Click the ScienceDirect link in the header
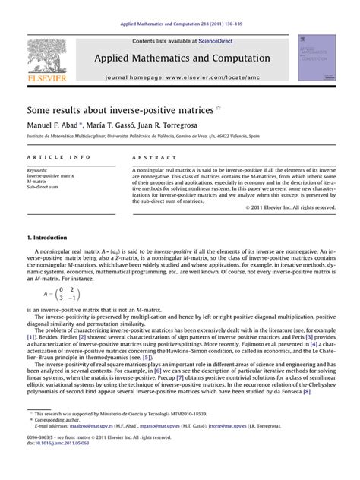216,41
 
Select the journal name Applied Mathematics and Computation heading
182,58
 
